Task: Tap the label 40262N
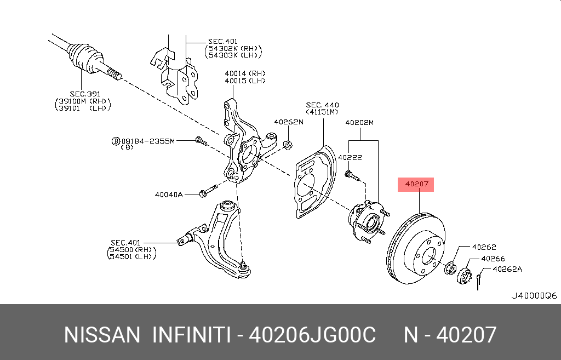click(x=288, y=122)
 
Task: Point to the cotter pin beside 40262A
click(x=478, y=279)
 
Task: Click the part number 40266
click(x=493, y=258)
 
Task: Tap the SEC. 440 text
click(x=322, y=105)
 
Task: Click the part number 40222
click(x=350, y=157)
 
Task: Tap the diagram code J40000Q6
click(x=534, y=295)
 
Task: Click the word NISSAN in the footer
click(x=102, y=334)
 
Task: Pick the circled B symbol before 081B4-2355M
click(x=116, y=141)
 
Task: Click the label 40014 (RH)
click(x=244, y=73)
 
